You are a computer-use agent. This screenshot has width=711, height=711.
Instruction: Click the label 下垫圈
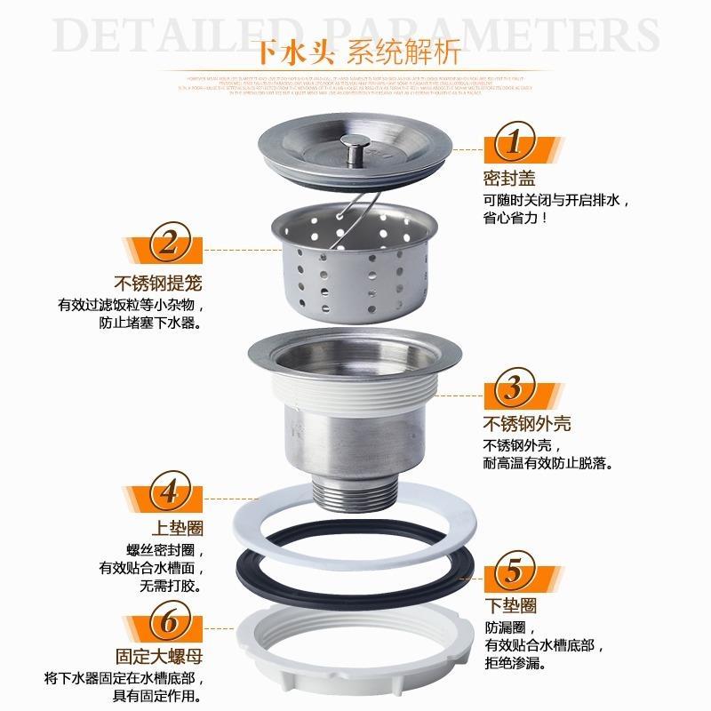510,605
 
